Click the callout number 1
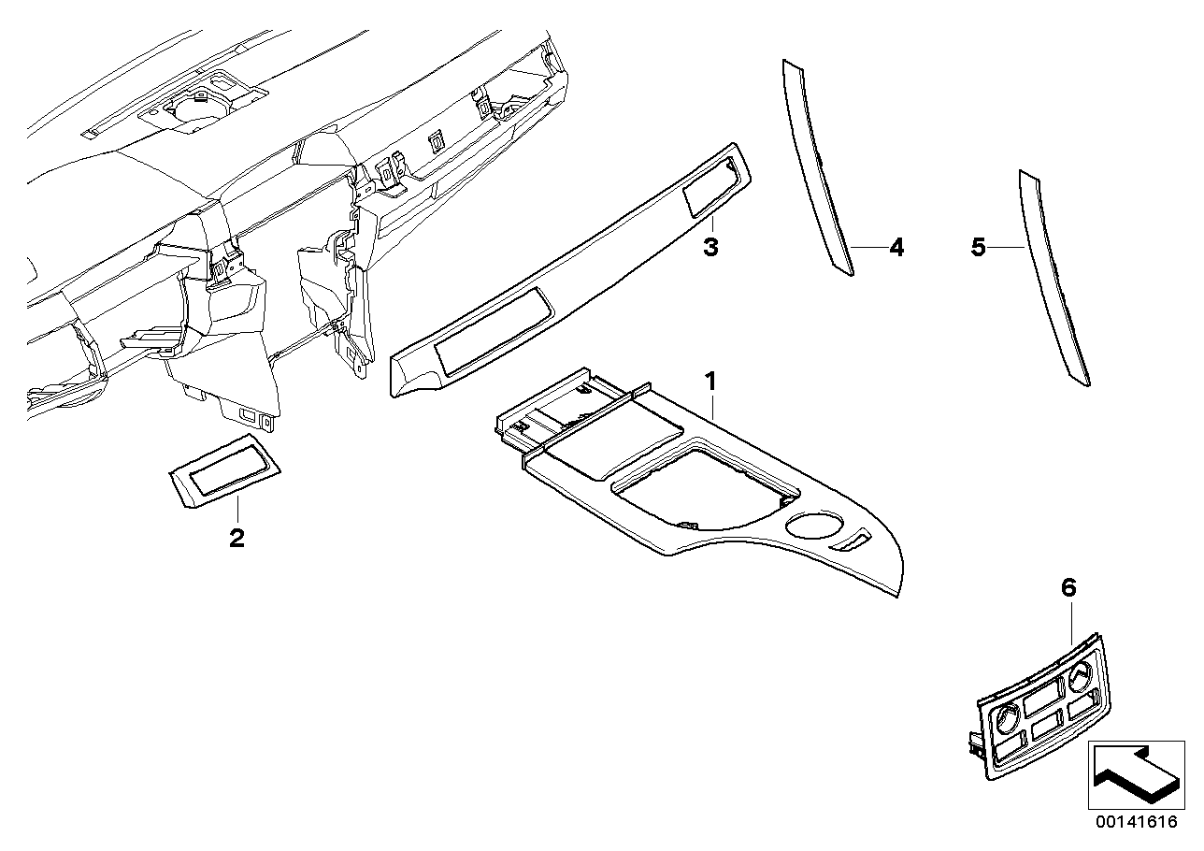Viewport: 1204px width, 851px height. pyautogui.click(x=709, y=381)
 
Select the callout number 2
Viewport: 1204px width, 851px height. pyautogui.click(x=236, y=539)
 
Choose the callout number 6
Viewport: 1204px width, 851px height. pyautogui.click(x=1069, y=588)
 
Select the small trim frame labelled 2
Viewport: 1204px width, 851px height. pyautogui.click(x=224, y=470)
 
